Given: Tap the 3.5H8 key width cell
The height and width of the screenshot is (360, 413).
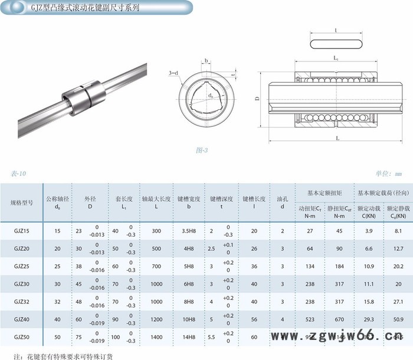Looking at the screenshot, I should [x=189, y=231].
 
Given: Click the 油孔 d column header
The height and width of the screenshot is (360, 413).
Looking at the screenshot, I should [x=283, y=202].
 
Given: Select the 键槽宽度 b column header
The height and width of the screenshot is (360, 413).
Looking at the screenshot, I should [x=189, y=202].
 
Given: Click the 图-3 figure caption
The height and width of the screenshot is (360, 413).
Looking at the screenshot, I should [x=202, y=150].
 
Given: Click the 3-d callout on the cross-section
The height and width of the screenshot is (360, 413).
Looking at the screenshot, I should [x=173, y=73].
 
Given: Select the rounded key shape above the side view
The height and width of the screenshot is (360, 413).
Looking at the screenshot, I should [x=335, y=42].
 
